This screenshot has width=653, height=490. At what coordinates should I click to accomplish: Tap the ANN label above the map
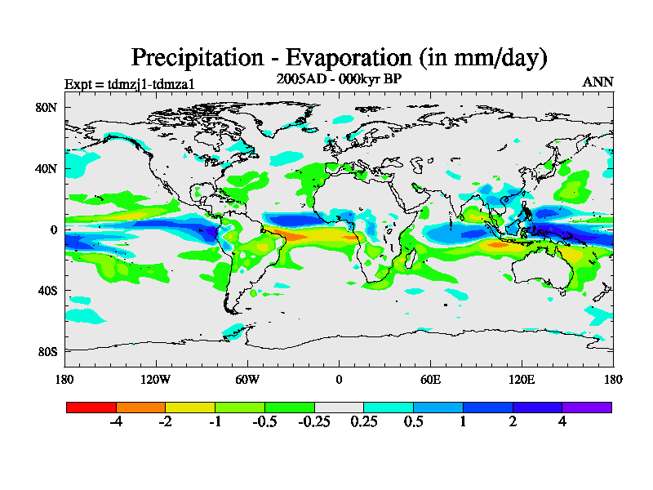(597, 82)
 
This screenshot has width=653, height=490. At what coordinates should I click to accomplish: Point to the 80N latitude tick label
(46, 107)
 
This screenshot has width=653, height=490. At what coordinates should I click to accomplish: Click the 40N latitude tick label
(46, 168)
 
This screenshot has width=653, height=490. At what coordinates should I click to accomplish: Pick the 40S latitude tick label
(46, 290)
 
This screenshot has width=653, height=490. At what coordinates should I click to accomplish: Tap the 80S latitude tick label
(46, 351)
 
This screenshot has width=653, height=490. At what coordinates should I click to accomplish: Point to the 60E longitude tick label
(430, 379)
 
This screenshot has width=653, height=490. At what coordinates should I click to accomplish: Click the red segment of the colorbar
(91, 407)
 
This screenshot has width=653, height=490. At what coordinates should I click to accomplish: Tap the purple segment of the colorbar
(587, 407)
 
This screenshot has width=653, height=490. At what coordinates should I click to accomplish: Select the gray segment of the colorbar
(339, 407)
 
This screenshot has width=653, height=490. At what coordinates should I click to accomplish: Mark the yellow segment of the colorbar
(189, 407)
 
